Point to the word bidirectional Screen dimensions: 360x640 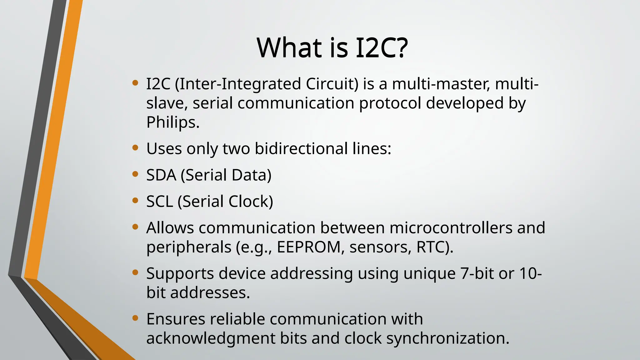[301, 148]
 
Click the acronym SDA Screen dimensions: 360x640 [161, 175]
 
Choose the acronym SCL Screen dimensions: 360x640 [160, 201]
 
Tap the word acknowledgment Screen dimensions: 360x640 [211, 338]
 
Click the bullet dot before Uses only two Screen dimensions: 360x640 [135, 148]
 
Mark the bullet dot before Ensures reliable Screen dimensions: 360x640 [135, 318]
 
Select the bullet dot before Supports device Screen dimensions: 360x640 [135, 273]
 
